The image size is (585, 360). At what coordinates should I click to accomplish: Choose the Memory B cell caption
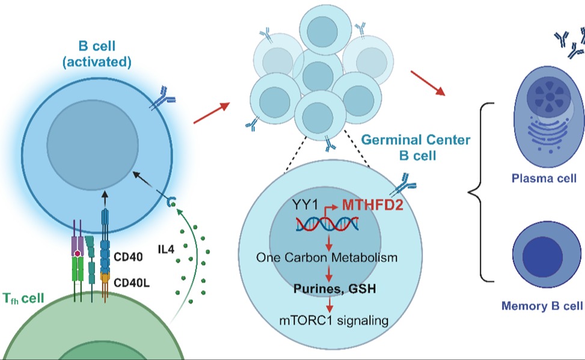tap(542, 306)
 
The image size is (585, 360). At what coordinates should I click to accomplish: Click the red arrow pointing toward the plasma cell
tap(428, 83)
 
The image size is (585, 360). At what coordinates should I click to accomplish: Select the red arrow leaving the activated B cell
tap(211, 113)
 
